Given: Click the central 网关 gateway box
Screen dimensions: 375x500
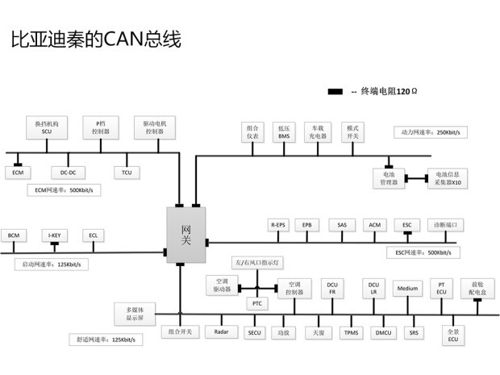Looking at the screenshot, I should click(x=185, y=233).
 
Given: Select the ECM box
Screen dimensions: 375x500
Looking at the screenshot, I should click(x=17, y=172).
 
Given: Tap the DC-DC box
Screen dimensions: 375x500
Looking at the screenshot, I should click(x=67, y=172).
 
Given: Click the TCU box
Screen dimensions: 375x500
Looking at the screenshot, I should click(x=127, y=172).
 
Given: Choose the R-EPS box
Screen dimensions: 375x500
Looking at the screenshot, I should click(x=278, y=224).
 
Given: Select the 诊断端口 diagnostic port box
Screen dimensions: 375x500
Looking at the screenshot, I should click(x=449, y=224).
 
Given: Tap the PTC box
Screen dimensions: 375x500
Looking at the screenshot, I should click(x=257, y=303).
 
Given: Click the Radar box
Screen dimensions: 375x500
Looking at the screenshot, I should click(x=222, y=331).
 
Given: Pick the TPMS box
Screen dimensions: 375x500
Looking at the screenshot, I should click(x=351, y=331).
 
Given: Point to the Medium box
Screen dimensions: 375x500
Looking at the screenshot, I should click(x=407, y=288).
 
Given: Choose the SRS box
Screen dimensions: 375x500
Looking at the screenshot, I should click(x=414, y=331).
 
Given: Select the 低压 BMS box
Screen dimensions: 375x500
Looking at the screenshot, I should click(x=284, y=131).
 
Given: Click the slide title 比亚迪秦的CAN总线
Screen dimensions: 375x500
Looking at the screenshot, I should click(x=95, y=39).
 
